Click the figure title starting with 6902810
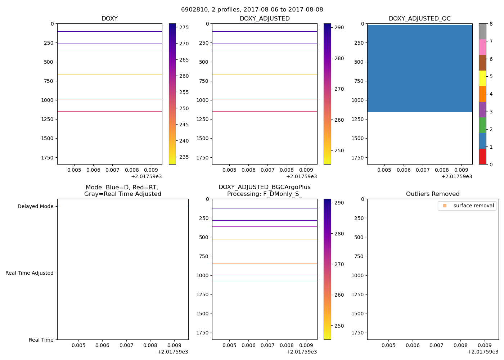252,10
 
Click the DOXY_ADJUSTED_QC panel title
419,19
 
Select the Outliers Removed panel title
433,194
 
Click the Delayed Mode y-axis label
35,207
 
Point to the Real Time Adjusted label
30,273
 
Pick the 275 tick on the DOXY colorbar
184,27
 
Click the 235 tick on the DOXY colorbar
184,157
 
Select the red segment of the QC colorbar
482,157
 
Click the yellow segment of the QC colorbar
482,78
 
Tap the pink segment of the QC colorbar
482,47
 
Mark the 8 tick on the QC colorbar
491,24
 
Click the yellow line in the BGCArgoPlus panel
265,239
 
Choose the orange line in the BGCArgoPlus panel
265,264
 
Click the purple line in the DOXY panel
109,50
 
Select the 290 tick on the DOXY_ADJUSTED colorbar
339,27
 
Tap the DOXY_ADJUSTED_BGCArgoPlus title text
265,187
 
